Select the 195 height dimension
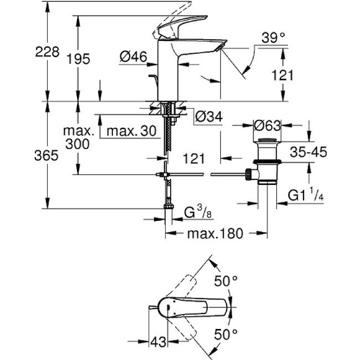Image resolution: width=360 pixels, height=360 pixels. pyautogui.click(x=78, y=60)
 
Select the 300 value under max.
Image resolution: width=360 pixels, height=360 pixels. pyautogui.click(x=78, y=143)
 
